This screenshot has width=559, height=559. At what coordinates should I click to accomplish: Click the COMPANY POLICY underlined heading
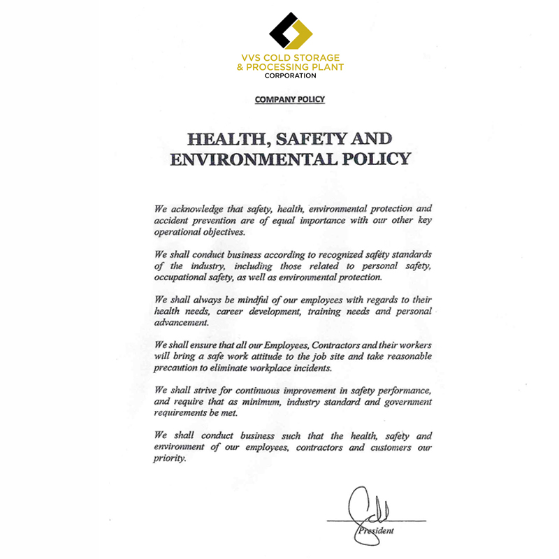click(x=290, y=100)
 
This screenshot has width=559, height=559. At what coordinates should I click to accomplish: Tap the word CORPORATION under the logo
click(x=290, y=75)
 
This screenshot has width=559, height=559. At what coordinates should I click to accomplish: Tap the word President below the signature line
click(x=377, y=531)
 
